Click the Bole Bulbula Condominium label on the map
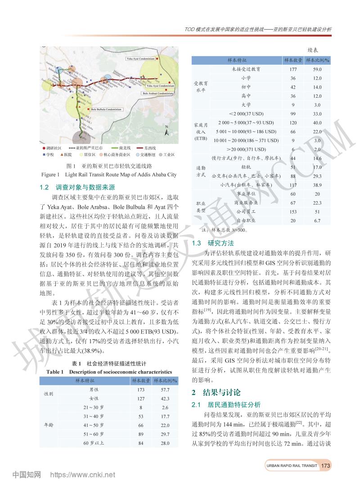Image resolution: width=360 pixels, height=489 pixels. click(x=107, y=109)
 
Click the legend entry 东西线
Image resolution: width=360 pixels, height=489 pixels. click(x=150, y=148)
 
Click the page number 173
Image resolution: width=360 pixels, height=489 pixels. click(x=326, y=465)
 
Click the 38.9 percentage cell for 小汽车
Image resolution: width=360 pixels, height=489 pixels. click(x=317, y=185)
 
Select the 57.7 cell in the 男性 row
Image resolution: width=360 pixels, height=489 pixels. click(x=165, y=390)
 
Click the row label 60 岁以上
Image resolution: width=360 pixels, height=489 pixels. click(x=94, y=443)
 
